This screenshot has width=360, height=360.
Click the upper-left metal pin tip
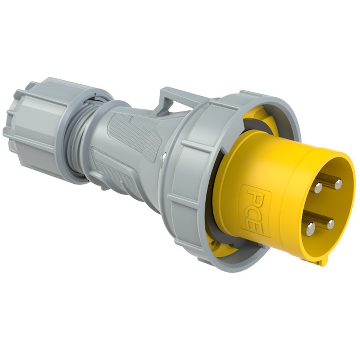click(318, 187)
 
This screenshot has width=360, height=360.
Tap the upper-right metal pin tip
click(338, 184)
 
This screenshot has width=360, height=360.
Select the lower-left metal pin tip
click(310, 229)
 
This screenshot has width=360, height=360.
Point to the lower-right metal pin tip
click(330, 225)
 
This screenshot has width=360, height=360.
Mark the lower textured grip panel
click(115, 173)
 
